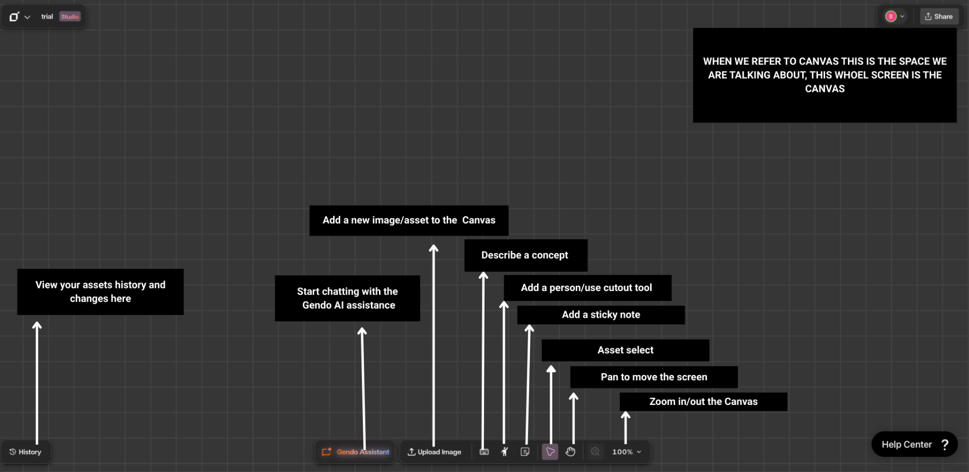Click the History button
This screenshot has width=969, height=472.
coord(25,452)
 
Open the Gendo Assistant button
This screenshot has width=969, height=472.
coord(355,452)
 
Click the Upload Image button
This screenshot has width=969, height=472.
coord(435,452)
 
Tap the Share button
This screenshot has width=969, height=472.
coord(939,17)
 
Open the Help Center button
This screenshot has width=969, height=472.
coord(914,444)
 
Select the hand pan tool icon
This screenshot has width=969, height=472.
coord(570,452)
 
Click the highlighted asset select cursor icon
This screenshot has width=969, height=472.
coord(550,452)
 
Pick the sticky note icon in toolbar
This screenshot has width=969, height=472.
coord(525,452)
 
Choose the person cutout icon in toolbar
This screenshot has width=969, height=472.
coord(504,452)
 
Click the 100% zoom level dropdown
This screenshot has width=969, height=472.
coord(626,452)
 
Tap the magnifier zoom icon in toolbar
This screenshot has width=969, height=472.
coord(596,452)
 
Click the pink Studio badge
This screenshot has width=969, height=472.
coord(70,17)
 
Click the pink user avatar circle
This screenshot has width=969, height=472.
coord(891,17)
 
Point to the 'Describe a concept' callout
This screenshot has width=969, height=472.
coord(525,255)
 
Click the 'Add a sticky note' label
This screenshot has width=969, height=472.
coord(601,315)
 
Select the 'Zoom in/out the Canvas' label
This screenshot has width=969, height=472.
coord(703,401)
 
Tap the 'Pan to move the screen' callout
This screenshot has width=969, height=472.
coord(654,377)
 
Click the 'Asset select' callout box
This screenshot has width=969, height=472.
coord(625,350)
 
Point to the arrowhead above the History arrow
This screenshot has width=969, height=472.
coord(37,325)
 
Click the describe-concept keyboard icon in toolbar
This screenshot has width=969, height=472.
coord(484,452)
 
